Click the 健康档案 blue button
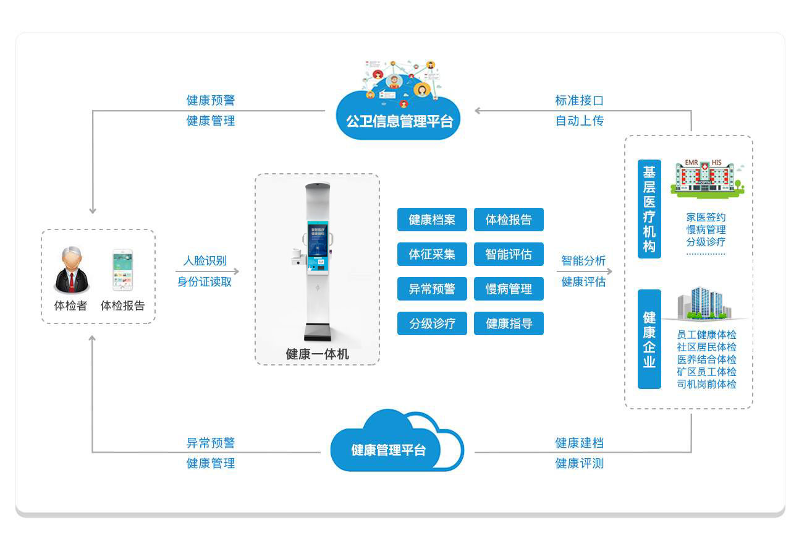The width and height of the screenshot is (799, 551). click(x=432, y=220)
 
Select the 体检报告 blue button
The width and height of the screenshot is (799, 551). click(x=509, y=220)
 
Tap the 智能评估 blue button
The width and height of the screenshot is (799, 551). click(x=509, y=254)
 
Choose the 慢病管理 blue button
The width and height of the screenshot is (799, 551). click(x=509, y=289)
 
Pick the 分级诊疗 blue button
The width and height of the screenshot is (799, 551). click(x=432, y=323)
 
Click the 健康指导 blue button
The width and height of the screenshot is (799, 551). click(x=509, y=323)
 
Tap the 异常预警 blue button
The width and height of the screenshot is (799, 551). click(x=432, y=289)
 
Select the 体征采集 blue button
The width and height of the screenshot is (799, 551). click(x=432, y=254)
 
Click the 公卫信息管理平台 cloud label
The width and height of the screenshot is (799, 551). click(x=399, y=121)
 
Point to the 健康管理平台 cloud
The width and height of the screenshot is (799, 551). click(x=389, y=450)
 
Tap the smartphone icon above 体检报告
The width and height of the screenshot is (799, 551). click(x=122, y=270)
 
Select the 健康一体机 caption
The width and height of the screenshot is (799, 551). click(x=317, y=354)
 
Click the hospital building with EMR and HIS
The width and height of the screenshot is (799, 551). click(x=707, y=178)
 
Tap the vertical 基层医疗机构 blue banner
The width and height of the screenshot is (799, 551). click(x=649, y=209)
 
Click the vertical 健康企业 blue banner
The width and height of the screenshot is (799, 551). click(x=649, y=339)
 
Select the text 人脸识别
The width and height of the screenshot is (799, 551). click(x=205, y=261)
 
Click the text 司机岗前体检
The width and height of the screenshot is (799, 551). click(x=706, y=384)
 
